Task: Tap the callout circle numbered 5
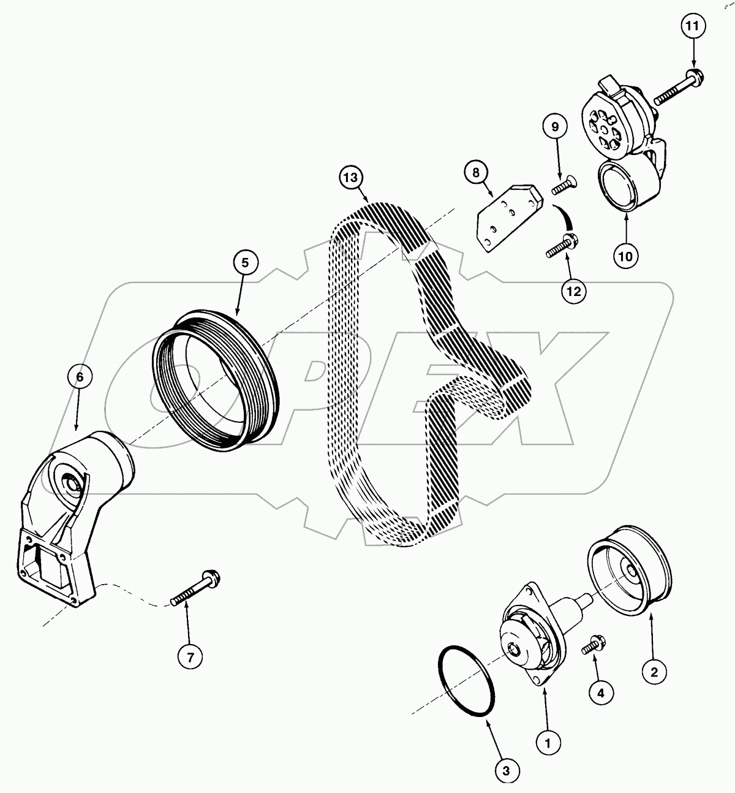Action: coord(245,263)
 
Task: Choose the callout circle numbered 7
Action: coord(190,658)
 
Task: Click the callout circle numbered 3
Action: coord(507,772)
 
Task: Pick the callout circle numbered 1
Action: coord(548,743)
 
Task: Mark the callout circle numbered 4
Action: coord(601,692)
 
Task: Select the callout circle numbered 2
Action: coord(654,672)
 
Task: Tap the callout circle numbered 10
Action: coord(626,256)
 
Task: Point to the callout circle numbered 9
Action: coord(555,127)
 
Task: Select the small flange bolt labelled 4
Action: coord(592,645)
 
